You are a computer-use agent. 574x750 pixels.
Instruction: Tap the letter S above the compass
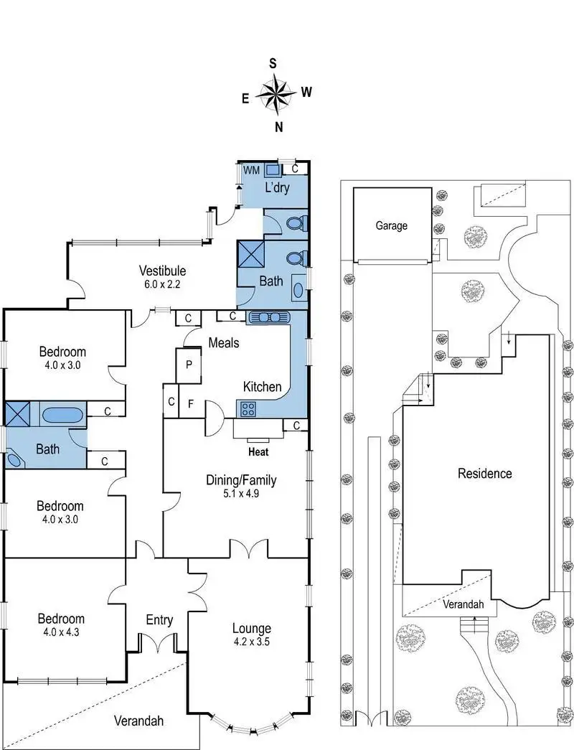[273, 63]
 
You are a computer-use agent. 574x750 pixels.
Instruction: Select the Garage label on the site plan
[392, 225]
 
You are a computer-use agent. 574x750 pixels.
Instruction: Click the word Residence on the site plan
[485, 474]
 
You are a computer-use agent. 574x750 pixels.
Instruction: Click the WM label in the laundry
[251, 170]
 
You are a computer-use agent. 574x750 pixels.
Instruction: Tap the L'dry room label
[277, 189]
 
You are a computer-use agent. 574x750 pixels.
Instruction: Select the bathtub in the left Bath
[62, 414]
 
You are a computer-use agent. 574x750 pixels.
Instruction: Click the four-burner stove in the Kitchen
[248, 410]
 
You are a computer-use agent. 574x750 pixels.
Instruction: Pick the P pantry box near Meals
[189, 364]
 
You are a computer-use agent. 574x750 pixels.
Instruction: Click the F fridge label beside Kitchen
[190, 403]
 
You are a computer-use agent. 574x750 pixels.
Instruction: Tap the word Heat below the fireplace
[258, 452]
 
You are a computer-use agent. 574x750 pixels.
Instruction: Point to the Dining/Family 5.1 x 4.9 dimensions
[241, 494]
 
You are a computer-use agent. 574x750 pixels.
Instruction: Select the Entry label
[159, 619]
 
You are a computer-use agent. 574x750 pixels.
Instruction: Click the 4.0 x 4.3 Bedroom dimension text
[62, 632]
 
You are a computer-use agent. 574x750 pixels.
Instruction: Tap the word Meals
[224, 343]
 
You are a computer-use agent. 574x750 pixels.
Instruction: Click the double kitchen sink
[268, 317]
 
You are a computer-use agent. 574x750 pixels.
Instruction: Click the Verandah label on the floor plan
[140, 721]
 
